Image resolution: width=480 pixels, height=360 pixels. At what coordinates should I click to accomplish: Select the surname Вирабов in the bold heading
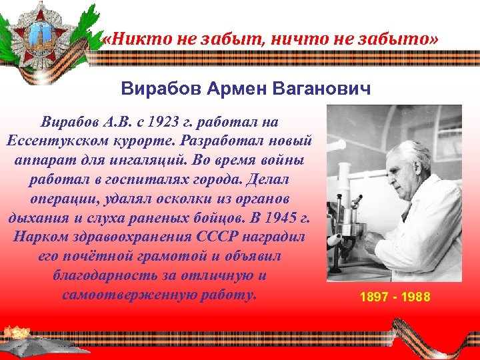[159, 88]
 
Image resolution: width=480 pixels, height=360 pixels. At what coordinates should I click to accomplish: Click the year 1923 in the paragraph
[171, 123]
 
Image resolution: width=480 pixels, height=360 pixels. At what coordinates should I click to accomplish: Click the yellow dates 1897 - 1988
[395, 297]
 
